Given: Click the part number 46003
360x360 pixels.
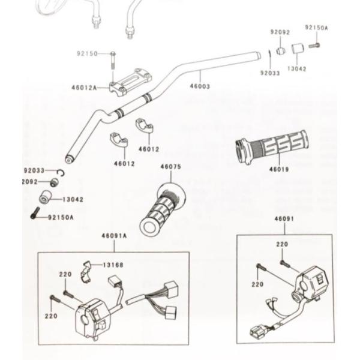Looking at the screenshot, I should pos(200,86).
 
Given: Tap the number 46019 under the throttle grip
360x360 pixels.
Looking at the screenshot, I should pos(279,169).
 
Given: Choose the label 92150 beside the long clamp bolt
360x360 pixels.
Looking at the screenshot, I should pos(86,54).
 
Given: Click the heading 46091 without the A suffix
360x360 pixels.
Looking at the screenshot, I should pos(284,220).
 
